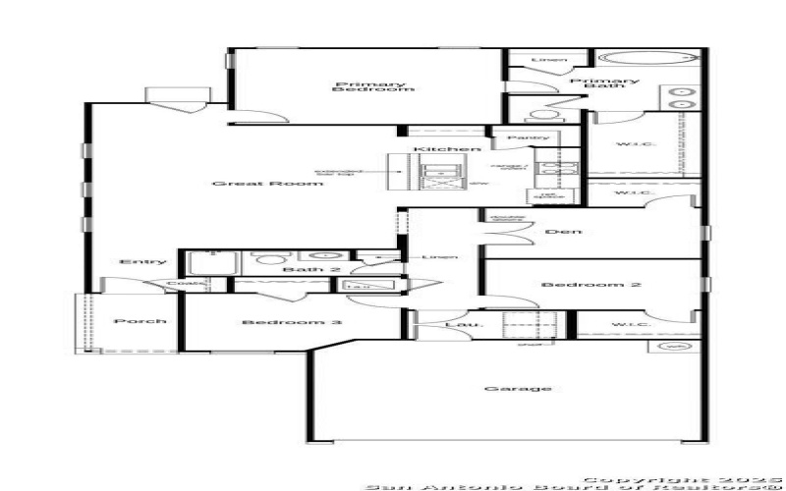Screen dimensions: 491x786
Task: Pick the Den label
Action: [564, 232]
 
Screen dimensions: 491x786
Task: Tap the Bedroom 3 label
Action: [280, 322]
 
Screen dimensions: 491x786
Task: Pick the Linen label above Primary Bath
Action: [549, 61]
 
